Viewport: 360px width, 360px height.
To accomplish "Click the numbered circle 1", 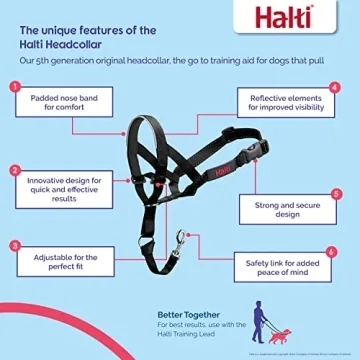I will pos(15,87).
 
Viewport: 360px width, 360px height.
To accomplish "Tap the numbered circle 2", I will pos(15,171).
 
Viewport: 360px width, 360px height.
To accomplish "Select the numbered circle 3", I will pos(15,245).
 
